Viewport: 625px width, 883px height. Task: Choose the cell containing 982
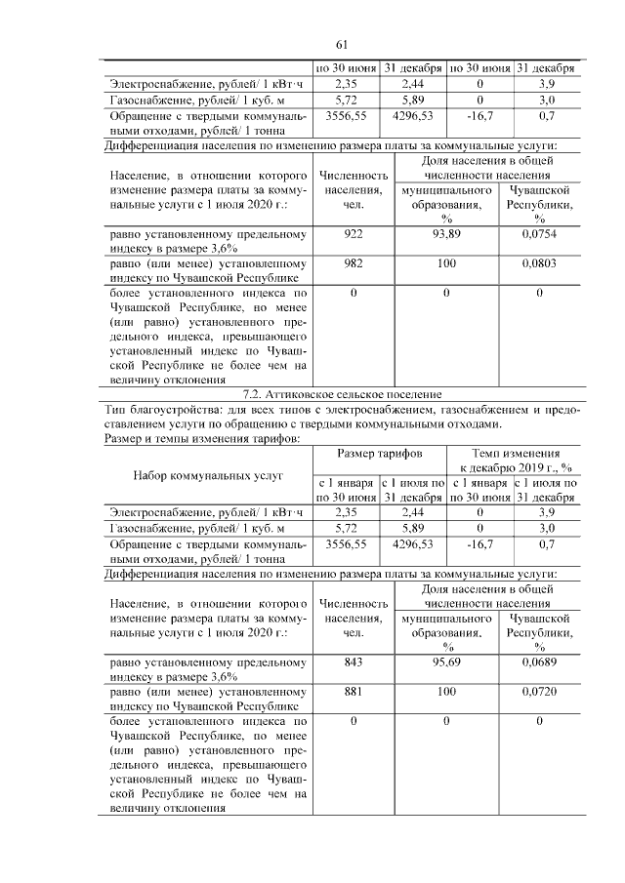[x=354, y=263]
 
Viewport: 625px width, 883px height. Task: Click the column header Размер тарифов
[x=380, y=456]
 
